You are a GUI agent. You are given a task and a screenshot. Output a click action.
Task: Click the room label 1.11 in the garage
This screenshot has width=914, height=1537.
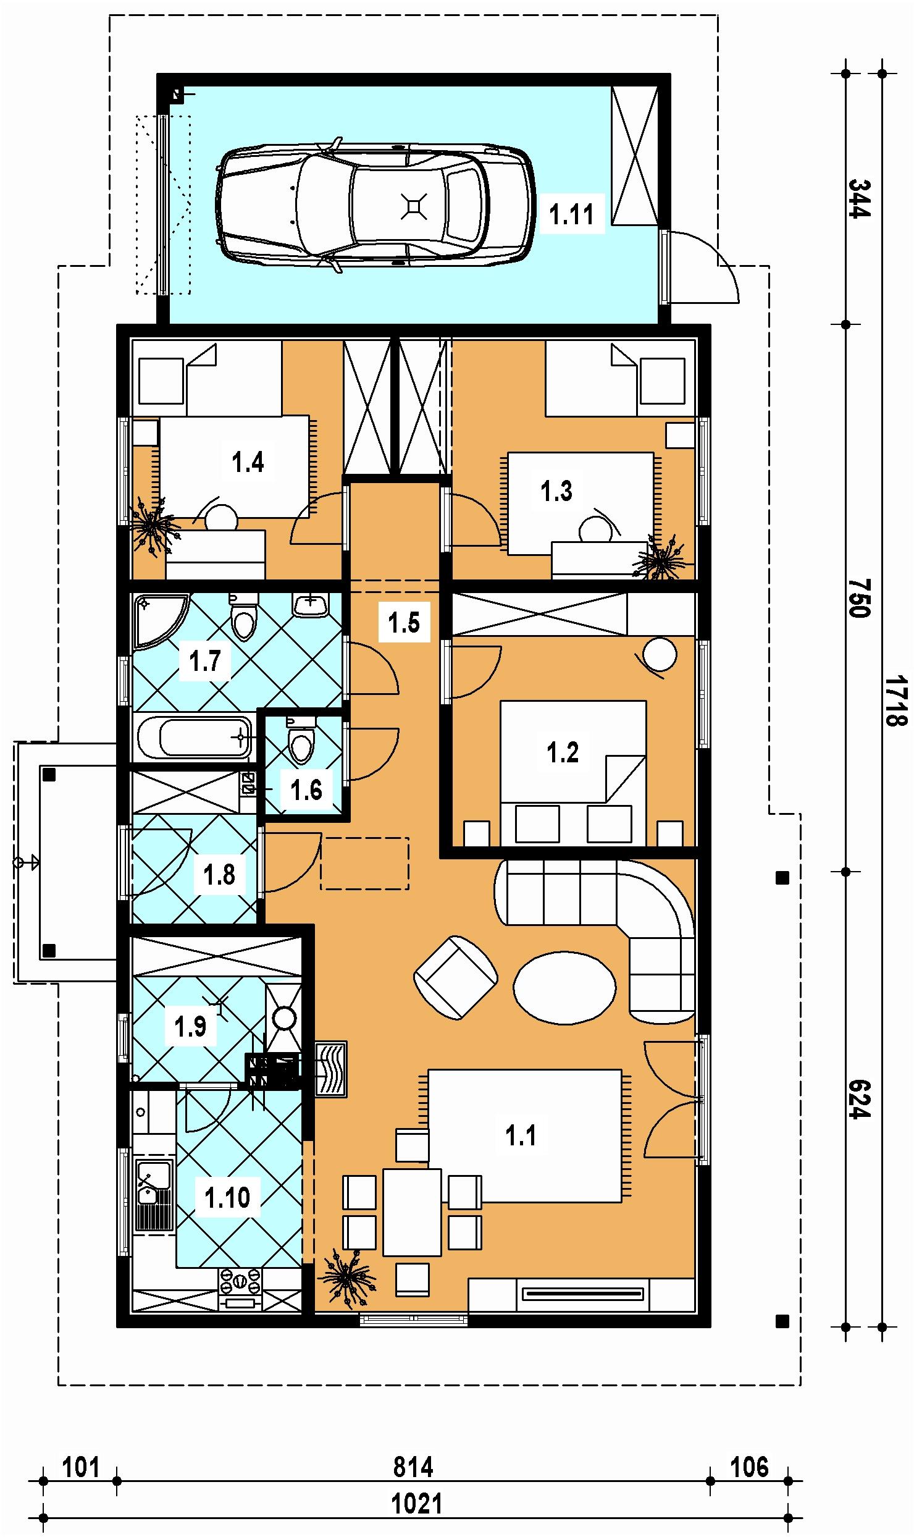(571, 215)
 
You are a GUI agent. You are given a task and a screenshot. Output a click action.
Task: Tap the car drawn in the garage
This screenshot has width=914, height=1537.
(374, 204)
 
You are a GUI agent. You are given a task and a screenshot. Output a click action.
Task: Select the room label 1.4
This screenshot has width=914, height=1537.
(248, 461)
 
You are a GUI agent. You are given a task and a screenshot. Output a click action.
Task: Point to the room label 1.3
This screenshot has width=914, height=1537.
(556, 491)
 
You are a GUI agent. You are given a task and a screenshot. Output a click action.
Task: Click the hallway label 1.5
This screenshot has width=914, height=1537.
(405, 623)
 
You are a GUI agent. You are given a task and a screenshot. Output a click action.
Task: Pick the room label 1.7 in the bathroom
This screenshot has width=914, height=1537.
(205, 661)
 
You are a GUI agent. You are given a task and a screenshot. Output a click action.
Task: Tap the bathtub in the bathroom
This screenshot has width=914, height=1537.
(193, 738)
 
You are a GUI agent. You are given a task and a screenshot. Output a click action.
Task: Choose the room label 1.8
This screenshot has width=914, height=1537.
(220, 875)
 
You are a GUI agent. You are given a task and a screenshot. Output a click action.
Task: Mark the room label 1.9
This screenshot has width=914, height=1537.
(190, 1027)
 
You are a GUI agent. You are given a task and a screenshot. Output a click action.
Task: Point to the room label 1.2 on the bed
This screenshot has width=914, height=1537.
(563, 752)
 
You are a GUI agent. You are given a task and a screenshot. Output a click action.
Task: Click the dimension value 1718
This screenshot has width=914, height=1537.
(895, 701)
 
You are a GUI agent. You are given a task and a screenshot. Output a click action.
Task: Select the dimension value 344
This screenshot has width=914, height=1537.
(858, 198)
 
